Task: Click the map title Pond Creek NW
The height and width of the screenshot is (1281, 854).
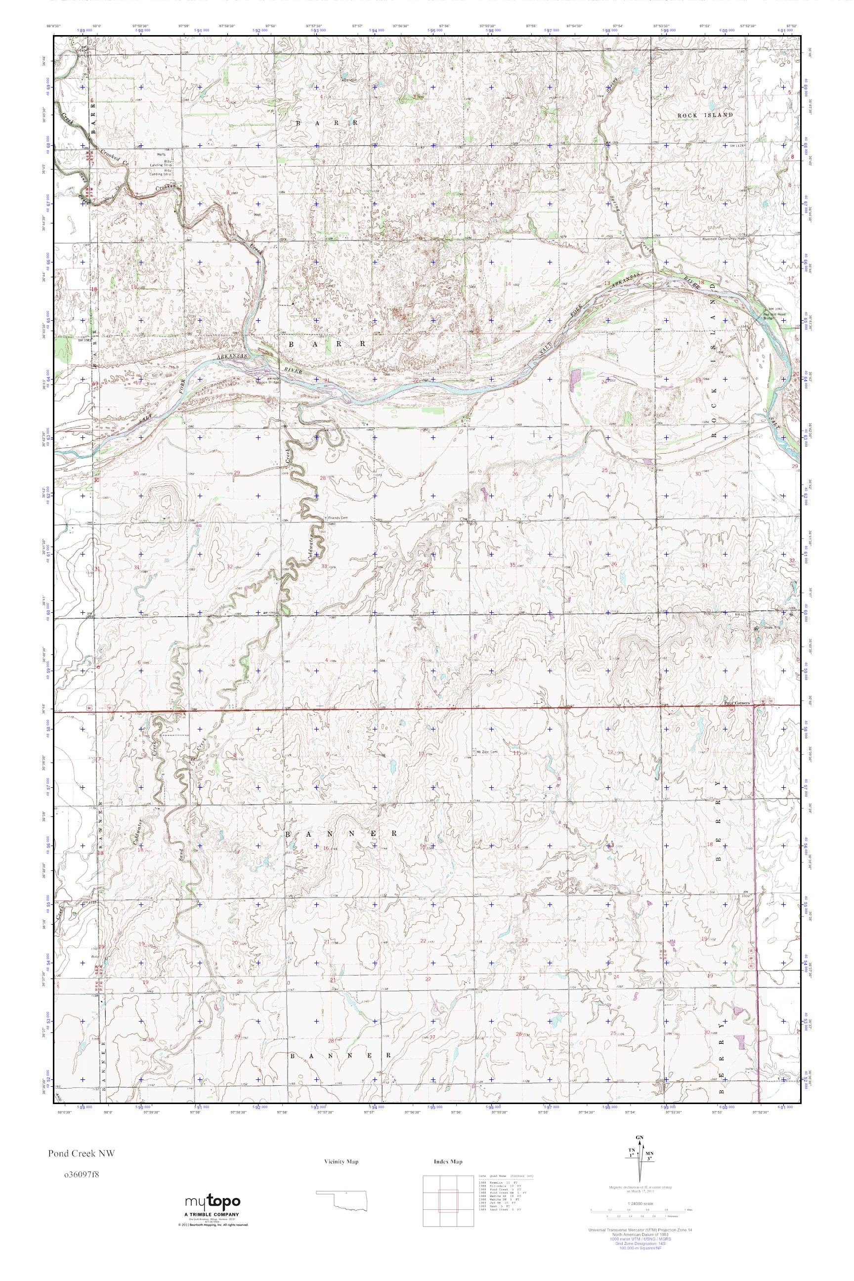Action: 81,1153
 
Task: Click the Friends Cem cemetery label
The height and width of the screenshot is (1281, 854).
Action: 337,517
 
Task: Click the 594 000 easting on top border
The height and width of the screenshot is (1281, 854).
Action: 374,31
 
